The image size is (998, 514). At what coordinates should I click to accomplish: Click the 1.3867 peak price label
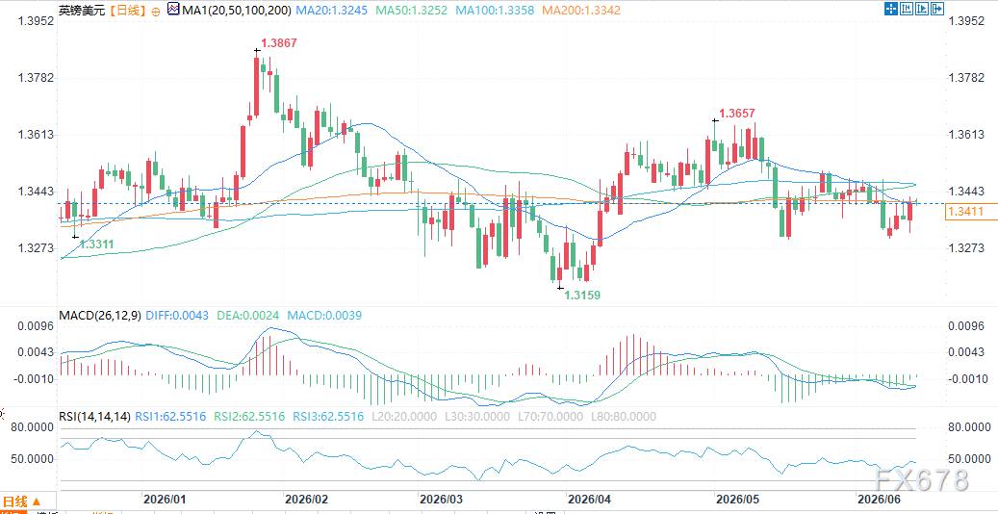[x=279, y=43]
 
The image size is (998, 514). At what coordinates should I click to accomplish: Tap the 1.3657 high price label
[x=737, y=113]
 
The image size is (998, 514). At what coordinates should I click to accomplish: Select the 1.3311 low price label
[x=97, y=244]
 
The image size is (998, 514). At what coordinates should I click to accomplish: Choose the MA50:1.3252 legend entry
[x=410, y=11]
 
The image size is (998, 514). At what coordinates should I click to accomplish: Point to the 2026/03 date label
[x=441, y=498]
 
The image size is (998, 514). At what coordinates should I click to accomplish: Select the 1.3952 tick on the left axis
[x=37, y=21]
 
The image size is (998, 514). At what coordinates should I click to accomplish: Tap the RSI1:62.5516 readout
[x=171, y=417]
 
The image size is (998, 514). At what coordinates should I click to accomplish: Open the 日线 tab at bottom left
[x=21, y=501]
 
